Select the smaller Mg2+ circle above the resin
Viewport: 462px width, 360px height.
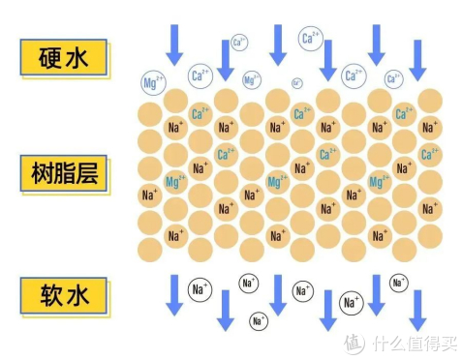[252, 80]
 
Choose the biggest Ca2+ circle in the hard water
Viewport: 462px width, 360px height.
[311, 39]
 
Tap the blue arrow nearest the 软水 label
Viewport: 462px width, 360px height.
[175, 293]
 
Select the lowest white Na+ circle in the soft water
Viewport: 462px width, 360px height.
[259, 320]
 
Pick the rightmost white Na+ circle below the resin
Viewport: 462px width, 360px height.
[399, 283]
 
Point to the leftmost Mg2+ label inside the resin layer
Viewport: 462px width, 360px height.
[175, 181]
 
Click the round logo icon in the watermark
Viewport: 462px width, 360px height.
[354, 342]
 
